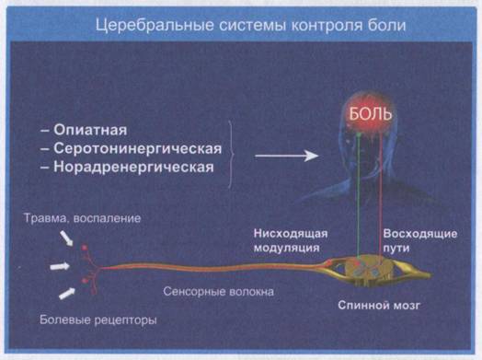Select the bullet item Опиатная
click(84, 130)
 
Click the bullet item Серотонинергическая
click(131, 148)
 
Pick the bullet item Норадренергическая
click(127, 167)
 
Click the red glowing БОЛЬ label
click(371, 114)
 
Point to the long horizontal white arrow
click(286, 156)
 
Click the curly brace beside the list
click(231, 154)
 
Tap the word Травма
click(45, 218)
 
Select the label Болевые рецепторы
click(98, 320)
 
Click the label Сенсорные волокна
click(218, 291)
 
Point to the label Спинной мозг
click(379, 306)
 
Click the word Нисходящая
click(291, 234)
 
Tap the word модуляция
click(286, 248)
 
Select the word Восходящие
click(419, 234)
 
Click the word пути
click(396, 248)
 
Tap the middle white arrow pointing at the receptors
click(60, 266)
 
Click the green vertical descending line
click(359, 195)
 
